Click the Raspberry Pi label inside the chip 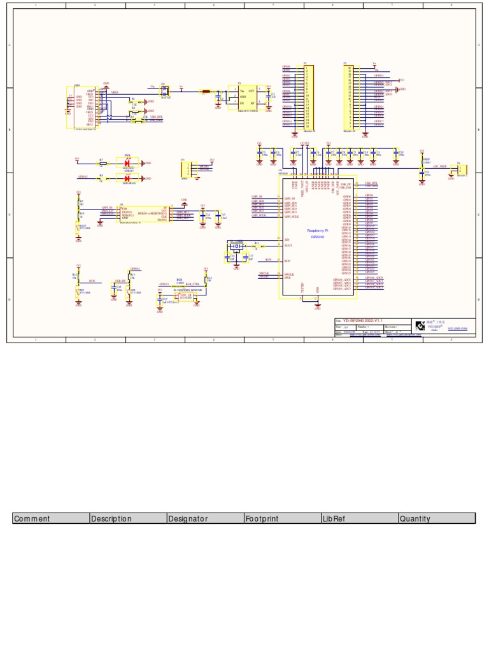[x=317, y=230]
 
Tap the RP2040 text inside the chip [x=317, y=236]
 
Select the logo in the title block [x=420, y=325]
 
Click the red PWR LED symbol [x=127, y=163]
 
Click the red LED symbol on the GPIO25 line [x=127, y=178]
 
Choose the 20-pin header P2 [x=349, y=97]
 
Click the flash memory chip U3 [x=144, y=214]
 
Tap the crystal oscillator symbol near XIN [x=236, y=246]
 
